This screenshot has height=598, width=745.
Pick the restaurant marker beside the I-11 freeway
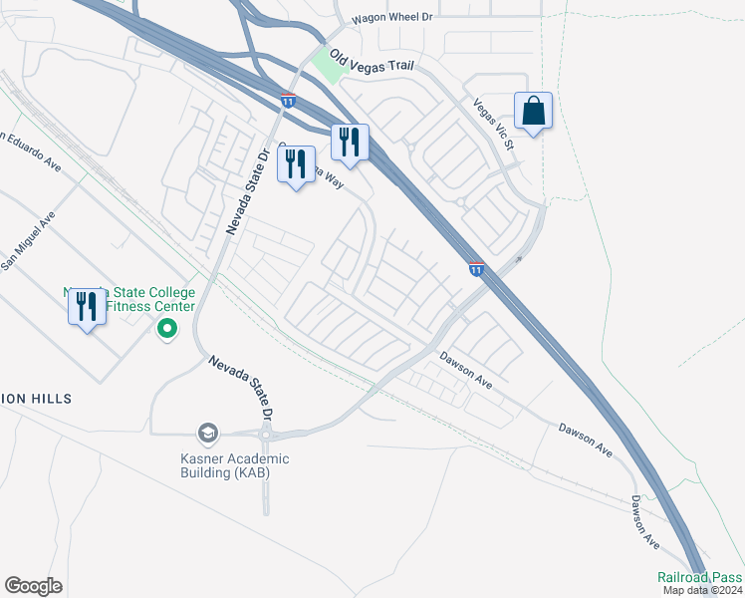pyautogui.click(x=350, y=143)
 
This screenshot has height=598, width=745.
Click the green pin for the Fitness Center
pyautogui.click(x=167, y=328)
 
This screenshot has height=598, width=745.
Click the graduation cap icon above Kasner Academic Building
pyautogui.click(x=207, y=433)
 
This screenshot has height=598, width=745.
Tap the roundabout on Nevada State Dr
pyautogui.click(x=266, y=435)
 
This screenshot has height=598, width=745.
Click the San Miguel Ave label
pyautogui.click(x=27, y=242)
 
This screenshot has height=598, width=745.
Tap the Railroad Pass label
pyautogui.click(x=700, y=577)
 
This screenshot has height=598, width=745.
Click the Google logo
pyautogui.click(x=33, y=586)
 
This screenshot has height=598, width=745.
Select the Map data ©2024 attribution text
pyautogui.click(x=703, y=590)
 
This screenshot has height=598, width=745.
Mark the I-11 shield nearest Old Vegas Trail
pyautogui.click(x=288, y=100)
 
